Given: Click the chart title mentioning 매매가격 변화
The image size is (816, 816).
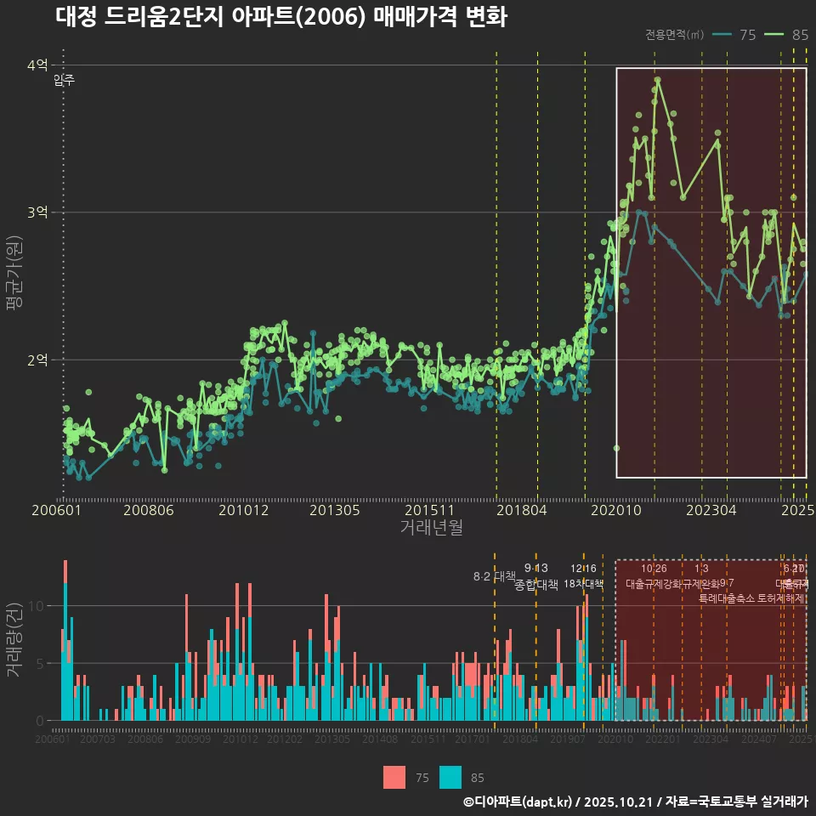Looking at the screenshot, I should pyautogui.click(x=280, y=17).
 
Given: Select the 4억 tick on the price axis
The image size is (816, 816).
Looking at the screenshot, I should pyautogui.click(x=37, y=65).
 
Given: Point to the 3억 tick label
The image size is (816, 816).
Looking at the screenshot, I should pyautogui.click(x=37, y=212).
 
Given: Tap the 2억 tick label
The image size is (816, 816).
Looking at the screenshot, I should pyautogui.click(x=37, y=360).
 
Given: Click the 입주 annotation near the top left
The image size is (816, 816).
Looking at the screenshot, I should pyautogui.click(x=65, y=81).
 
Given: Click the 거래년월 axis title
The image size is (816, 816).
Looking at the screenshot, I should pyautogui.click(x=431, y=527).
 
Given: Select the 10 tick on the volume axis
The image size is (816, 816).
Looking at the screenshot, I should pyautogui.click(x=37, y=606).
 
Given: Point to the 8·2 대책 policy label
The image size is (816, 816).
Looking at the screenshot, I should pyautogui.click(x=495, y=576).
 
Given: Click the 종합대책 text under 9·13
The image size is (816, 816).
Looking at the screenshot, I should pyautogui.click(x=536, y=585).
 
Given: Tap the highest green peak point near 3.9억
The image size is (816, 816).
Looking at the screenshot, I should pyautogui.click(x=658, y=80).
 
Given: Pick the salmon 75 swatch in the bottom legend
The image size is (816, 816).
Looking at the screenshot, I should pyautogui.click(x=394, y=778).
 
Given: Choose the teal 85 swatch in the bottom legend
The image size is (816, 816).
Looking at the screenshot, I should pyautogui.click(x=450, y=778).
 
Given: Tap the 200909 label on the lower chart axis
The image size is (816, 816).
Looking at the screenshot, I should pyautogui.click(x=193, y=739).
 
